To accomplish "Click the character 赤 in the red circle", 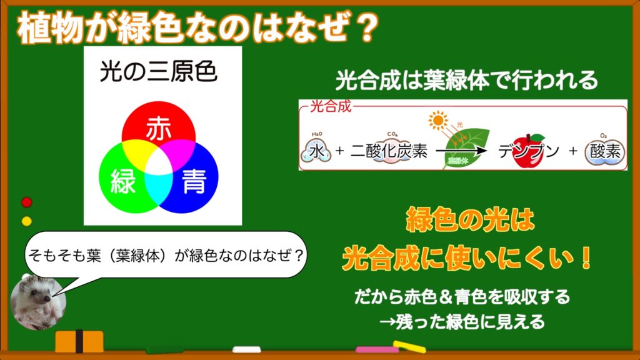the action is (x=159, y=128).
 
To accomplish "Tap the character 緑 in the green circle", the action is (x=123, y=181).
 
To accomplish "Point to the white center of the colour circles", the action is (x=159, y=166).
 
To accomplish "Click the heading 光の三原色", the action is (x=158, y=72).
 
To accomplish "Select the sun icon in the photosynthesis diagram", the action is (x=438, y=120).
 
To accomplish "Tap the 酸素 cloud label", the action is (x=605, y=151).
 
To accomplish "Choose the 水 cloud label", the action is (x=316, y=151).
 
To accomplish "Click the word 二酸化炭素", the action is (x=389, y=151).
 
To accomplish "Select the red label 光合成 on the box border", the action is (x=331, y=106).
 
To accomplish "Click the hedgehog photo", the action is (x=38, y=302).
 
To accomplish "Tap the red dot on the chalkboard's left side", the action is (x=26, y=202).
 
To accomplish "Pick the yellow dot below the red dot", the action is (x=26, y=221).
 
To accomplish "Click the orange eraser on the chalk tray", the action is (x=79, y=341).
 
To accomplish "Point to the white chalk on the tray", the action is (x=246, y=349).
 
